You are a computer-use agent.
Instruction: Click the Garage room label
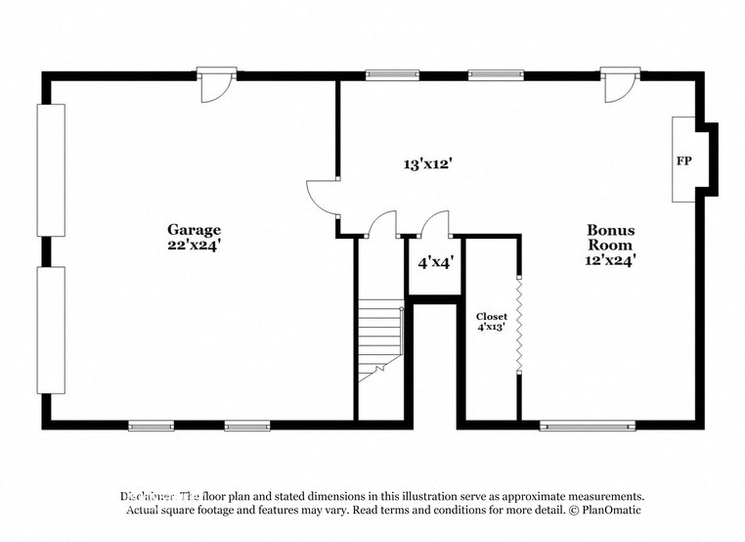(x=185, y=230)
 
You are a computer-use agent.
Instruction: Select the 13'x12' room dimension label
(x=426, y=164)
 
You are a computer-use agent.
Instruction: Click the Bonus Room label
(x=610, y=238)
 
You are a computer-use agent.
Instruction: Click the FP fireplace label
(x=685, y=159)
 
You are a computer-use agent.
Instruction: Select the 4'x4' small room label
(x=435, y=262)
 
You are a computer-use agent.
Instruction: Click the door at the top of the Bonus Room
(x=618, y=86)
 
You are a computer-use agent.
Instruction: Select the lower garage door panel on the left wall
(x=51, y=329)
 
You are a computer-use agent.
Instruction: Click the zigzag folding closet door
(x=519, y=322)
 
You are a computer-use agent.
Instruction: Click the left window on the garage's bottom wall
(x=152, y=426)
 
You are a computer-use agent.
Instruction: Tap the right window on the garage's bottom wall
(x=246, y=426)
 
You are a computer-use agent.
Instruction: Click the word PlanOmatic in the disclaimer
(x=608, y=511)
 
